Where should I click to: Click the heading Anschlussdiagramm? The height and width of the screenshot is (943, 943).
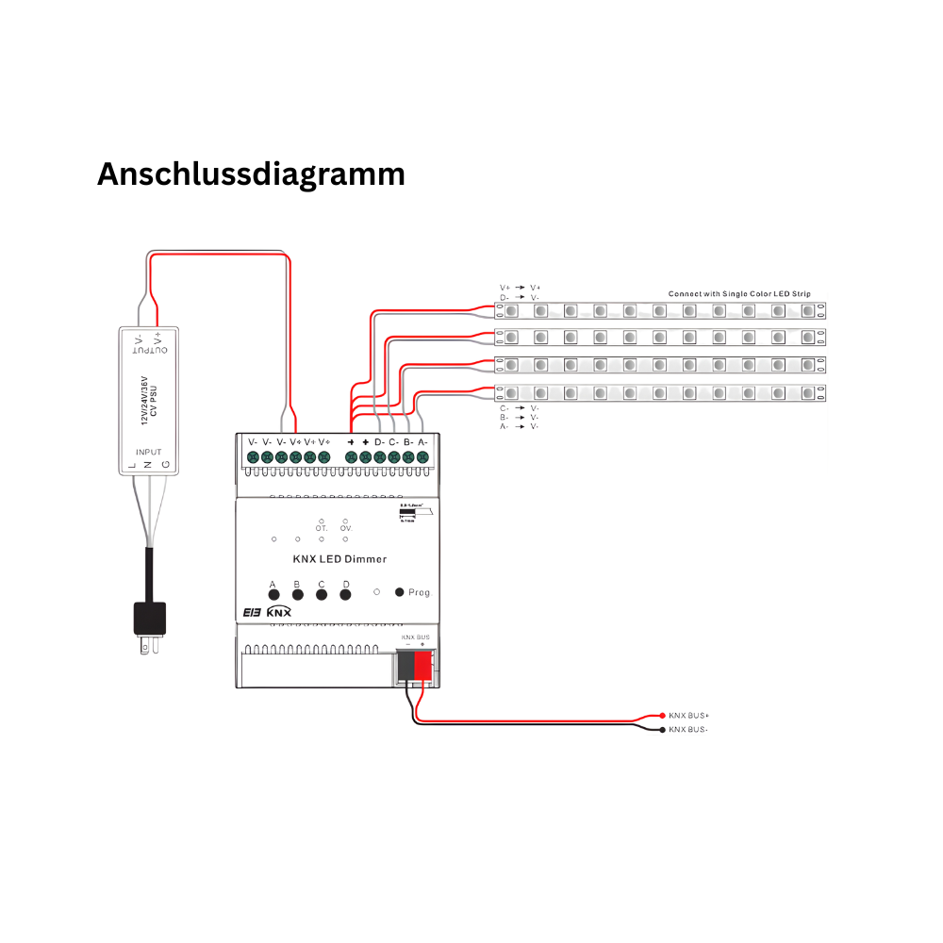(x=251, y=174)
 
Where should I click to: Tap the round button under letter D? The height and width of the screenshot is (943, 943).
(x=345, y=595)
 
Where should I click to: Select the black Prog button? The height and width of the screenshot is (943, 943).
(x=400, y=592)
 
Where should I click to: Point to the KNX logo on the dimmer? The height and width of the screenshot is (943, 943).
(x=279, y=612)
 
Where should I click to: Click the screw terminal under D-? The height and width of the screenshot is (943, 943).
(x=379, y=457)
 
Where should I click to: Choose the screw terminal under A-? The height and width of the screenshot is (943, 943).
(x=422, y=457)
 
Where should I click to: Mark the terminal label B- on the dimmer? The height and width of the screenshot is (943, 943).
(x=407, y=441)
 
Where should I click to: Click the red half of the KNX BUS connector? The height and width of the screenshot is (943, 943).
(x=423, y=668)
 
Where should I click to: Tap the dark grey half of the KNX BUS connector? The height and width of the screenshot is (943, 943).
(x=405, y=668)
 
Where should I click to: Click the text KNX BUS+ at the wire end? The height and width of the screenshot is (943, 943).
(x=689, y=716)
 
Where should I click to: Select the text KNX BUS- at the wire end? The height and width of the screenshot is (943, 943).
(x=689, y=730)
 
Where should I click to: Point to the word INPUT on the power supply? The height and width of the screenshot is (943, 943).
(x=149, y=453)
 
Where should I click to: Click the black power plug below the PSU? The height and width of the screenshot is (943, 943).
(x=150, y=619)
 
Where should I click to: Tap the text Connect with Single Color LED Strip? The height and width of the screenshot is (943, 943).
(x=739, y=293)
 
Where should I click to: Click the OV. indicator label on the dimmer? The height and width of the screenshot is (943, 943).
(x=346, y=529)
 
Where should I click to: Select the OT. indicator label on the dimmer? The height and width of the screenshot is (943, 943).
(x=322, y=529)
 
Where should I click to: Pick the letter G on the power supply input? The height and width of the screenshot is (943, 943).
(x=166, y=466)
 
